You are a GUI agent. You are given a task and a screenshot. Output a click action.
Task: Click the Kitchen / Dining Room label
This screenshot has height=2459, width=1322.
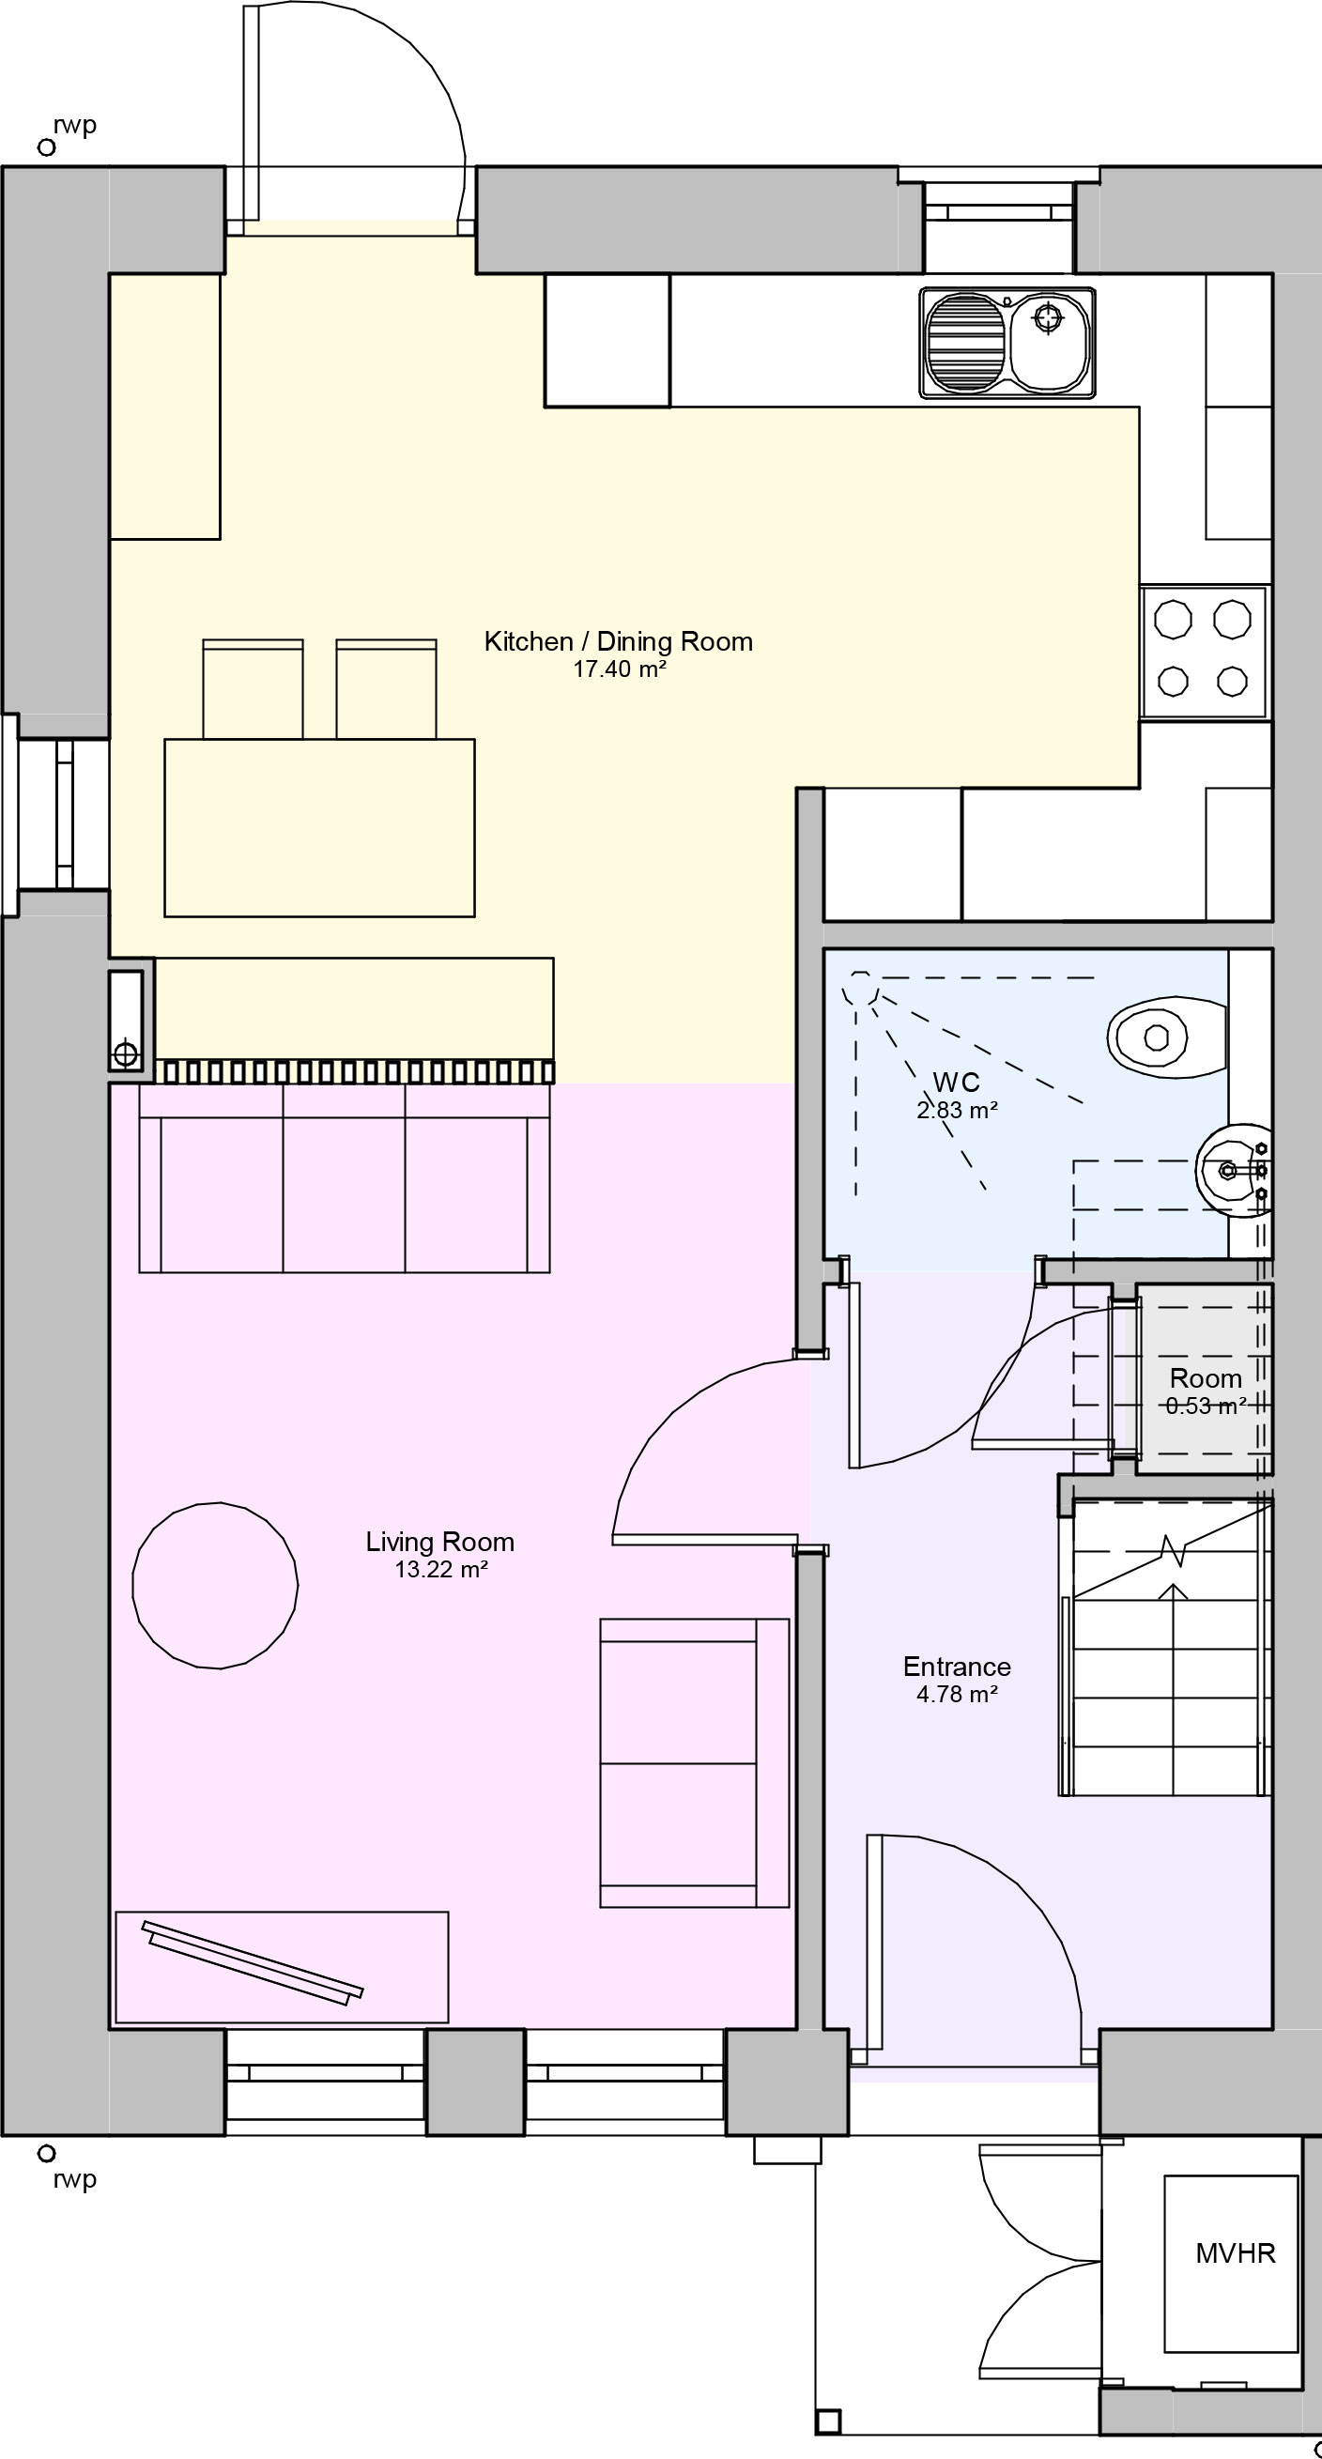point(619,641)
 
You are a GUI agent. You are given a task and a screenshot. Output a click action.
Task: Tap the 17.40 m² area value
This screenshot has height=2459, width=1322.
point(619,669)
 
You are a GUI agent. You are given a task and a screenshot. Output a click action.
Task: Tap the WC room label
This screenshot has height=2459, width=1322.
point(956,1082)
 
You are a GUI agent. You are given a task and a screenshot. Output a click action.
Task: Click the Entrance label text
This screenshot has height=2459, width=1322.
point(957,1667)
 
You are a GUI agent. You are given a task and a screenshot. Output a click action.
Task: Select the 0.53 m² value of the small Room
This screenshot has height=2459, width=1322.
point(1206,1406)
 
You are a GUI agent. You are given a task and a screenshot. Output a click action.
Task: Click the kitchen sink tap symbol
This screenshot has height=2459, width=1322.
point(1048,317)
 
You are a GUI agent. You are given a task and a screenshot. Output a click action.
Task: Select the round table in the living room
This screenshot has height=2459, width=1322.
point(215,1585)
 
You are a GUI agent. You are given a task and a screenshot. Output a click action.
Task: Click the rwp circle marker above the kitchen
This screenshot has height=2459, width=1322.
point(46,147)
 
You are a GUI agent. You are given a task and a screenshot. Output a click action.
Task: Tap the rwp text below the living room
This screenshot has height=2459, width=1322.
point(75,2179)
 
